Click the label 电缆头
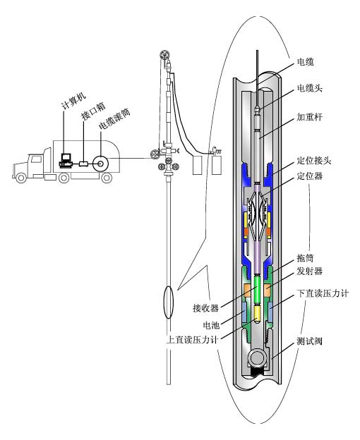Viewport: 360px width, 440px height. coord(310,88)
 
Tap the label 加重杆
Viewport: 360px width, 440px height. coord(310,117)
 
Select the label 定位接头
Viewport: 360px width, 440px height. coord(314,161)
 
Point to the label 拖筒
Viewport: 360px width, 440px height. coord(305,258)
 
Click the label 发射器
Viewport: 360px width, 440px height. coord(310,271)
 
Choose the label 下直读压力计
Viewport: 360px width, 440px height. coord(323,293)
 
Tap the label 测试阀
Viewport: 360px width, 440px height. coord(310,341)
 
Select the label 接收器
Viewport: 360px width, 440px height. coord(205,308)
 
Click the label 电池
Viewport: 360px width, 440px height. coord(211,325)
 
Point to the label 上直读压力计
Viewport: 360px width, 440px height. coord(192,340)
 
